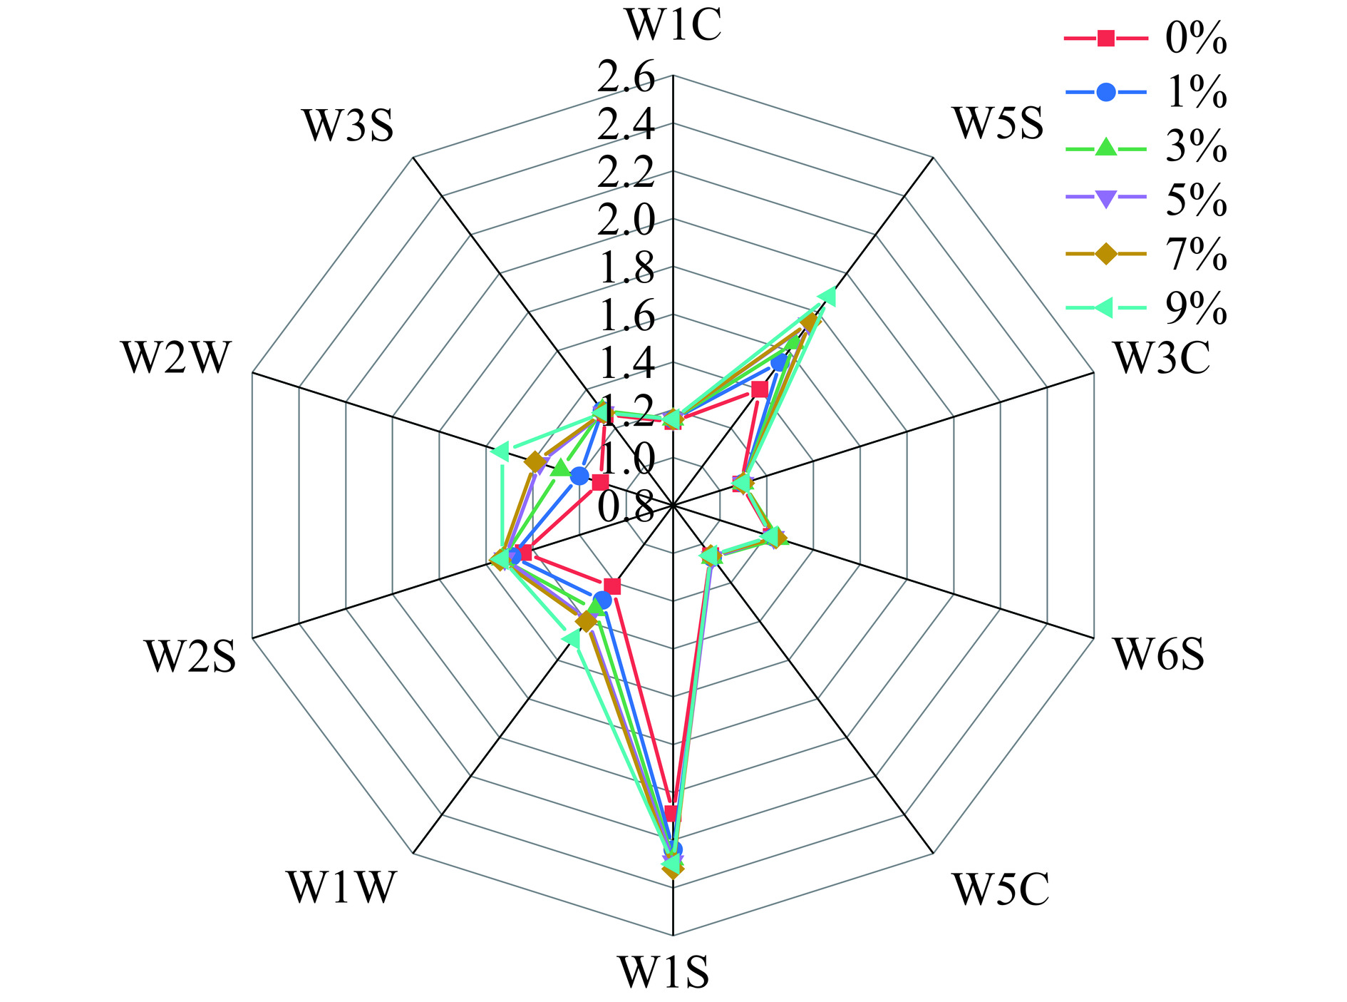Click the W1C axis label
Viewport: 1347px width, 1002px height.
pyautogui.click(x=673, y=26)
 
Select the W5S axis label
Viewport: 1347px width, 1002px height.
pyautogui.click(x=999, y=123)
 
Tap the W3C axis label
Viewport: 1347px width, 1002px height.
pyautogui.click(x=1162, y=358)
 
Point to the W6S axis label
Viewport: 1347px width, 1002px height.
pyautogui.click(x=1160, y=655)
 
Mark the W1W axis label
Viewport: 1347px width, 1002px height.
pyautogui.click(x=340, y=888)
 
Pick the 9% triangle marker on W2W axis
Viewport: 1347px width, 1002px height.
pyautogui.click(x=500, y=451)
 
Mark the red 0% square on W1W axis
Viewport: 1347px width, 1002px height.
pyautogui.click(x=612, y=587)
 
